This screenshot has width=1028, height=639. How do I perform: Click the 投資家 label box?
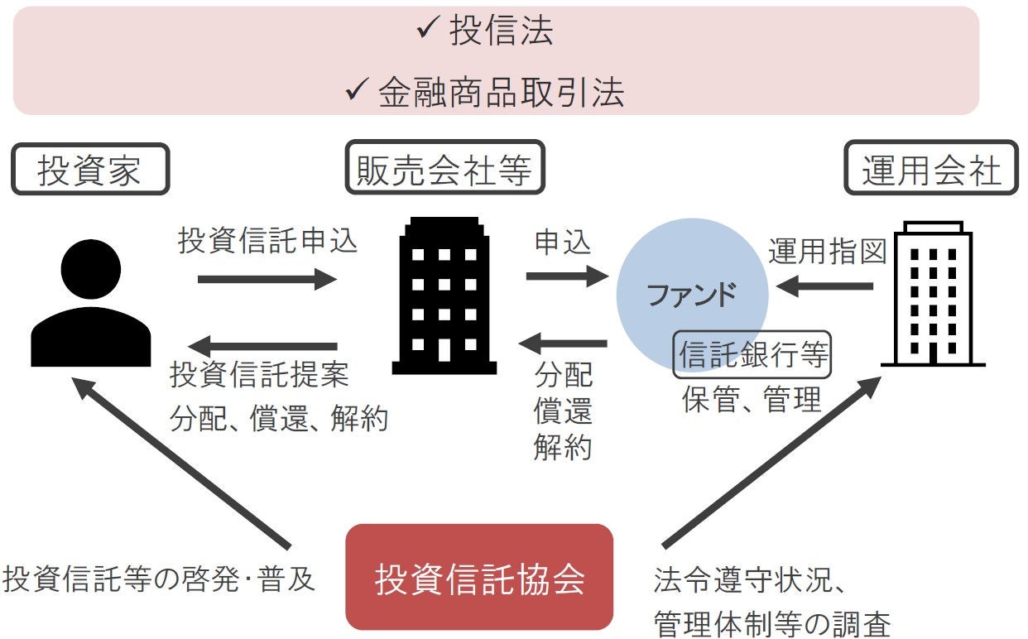tap(90, 171)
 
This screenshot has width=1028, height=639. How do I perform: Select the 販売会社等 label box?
tap(438, 171)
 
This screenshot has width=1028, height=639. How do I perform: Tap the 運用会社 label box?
tap(931, 171)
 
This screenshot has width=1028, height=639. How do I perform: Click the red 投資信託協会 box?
tap(479, 578)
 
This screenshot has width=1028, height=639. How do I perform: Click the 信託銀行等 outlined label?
tap(752, 356)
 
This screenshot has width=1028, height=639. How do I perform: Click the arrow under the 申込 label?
tap(566, 275)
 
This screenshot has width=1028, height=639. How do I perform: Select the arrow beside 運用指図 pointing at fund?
tap(824, 286)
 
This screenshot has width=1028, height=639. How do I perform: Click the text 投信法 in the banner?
tap(501, 32)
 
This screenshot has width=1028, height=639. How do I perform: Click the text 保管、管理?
tap(752, 399)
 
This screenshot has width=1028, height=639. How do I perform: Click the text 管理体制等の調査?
tap(771, 623)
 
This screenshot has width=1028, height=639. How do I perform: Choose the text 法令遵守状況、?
tap(748, 581)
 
